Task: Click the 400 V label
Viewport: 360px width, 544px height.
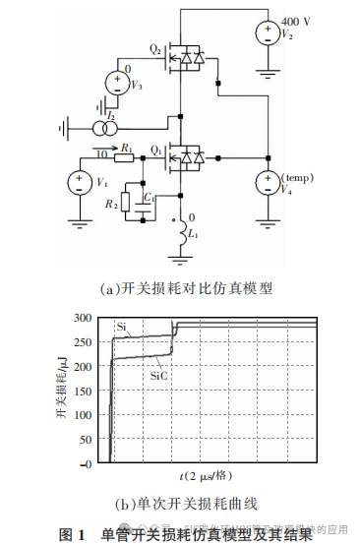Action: [x=296, y=22]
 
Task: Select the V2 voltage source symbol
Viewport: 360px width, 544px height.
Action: [x=267, y=32]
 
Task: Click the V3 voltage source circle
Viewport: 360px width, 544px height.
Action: [x=115, y=83]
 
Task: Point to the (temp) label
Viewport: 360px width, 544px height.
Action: [x=297, y=177]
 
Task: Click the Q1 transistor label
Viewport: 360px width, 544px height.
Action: [x=154, y=149]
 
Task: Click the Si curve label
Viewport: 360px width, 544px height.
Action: [x=121, y=325]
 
